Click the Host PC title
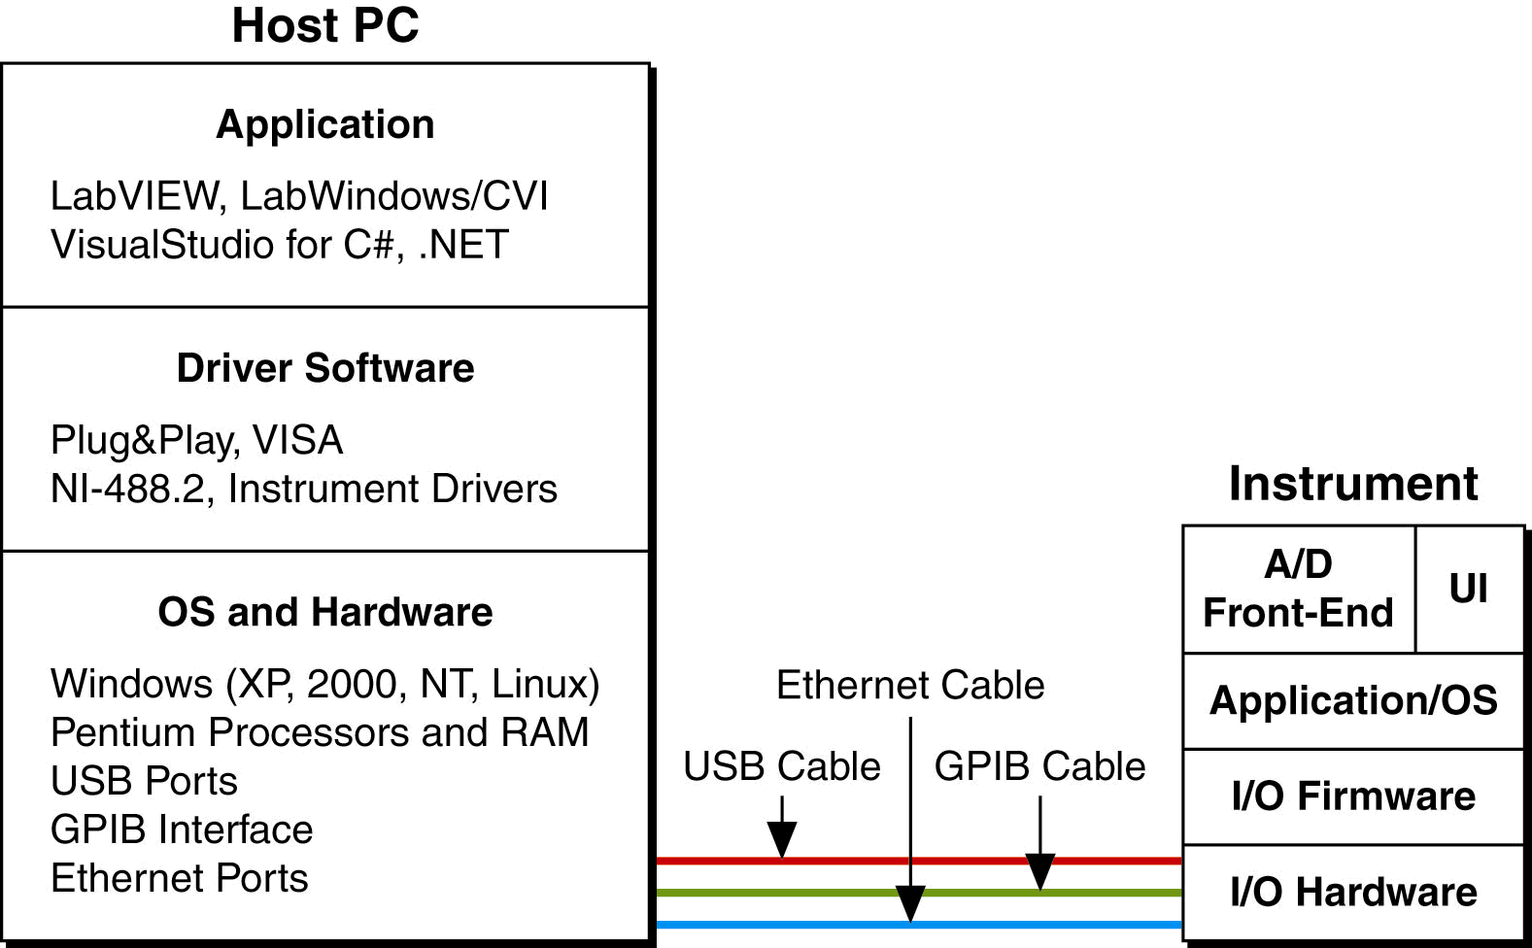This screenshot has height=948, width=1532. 324,26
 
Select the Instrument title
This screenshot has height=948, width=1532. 1352,484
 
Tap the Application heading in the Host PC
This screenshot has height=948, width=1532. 324,124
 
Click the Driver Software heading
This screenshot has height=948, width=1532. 324,368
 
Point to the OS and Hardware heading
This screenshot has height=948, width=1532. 324,612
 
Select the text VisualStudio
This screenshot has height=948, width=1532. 161,245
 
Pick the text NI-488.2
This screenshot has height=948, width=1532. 128,489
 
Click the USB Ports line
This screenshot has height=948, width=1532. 144,781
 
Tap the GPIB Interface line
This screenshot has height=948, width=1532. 182,829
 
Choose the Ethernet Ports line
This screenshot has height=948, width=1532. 179,878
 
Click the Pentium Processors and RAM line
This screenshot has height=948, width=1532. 320,732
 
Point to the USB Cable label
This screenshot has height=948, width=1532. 781,766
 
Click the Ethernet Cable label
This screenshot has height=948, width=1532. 910,685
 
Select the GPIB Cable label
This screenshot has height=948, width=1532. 1039,766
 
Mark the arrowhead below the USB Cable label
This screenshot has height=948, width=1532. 782,839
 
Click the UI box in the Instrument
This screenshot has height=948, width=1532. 1468,589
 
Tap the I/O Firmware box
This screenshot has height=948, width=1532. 1352,796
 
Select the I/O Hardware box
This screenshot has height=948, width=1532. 1352,892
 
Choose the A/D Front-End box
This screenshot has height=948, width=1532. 1298,589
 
